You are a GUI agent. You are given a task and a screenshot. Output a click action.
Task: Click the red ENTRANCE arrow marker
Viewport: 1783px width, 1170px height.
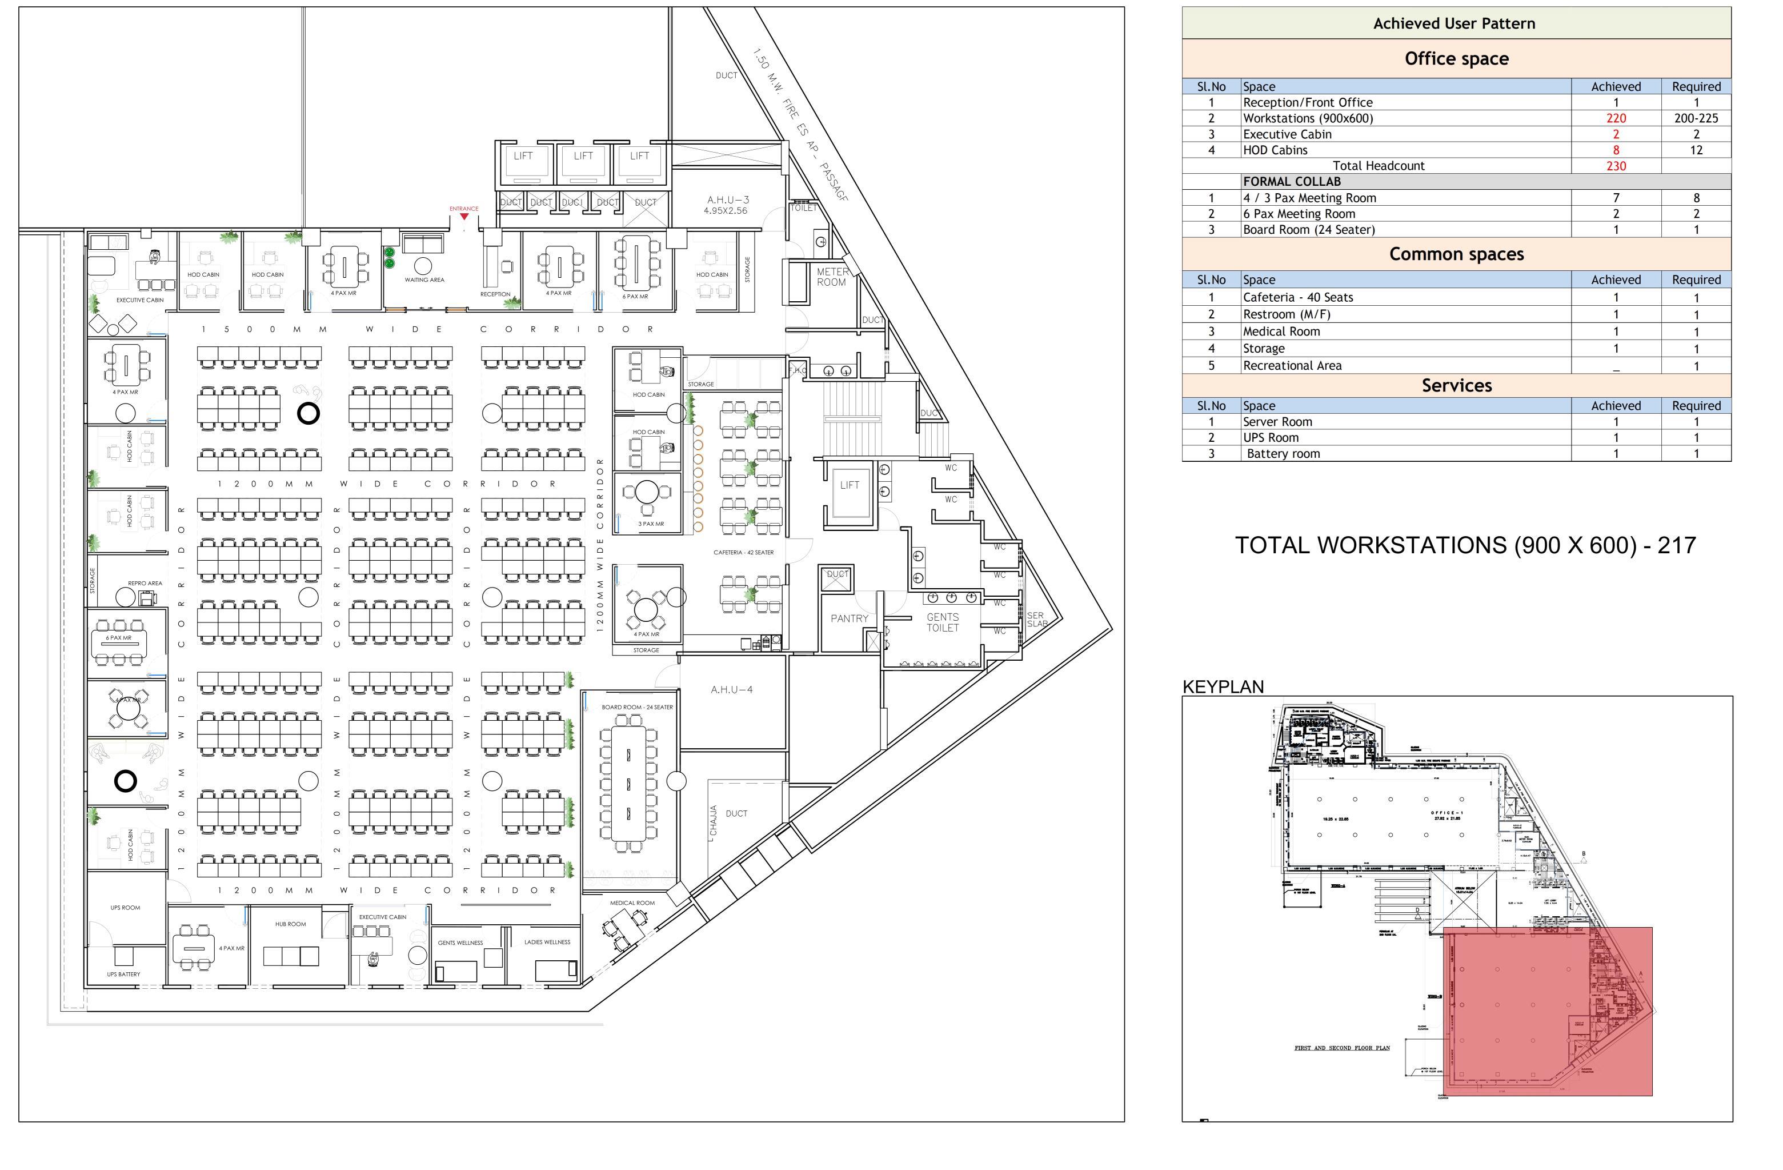point(464,217)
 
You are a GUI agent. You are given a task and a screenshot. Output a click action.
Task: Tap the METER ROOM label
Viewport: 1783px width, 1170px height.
point(832,277)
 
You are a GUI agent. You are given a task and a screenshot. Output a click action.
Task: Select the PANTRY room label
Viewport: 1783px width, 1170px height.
point(849,618)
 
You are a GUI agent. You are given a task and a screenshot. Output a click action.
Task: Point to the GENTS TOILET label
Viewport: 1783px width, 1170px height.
point(943,622)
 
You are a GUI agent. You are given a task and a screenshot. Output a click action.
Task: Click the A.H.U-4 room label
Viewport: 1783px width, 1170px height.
point(731,689)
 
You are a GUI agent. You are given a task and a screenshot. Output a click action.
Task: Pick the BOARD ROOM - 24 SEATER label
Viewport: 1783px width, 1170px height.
point(637,707)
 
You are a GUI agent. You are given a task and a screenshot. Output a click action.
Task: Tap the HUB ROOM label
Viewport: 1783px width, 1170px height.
point(290,924)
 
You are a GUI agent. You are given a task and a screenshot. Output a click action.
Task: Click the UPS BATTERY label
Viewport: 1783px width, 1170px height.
point(123,975)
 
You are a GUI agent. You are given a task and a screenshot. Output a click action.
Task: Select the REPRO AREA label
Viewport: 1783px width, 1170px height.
point(145,583)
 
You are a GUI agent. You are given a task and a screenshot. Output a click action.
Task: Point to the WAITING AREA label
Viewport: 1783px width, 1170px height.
point(424,279)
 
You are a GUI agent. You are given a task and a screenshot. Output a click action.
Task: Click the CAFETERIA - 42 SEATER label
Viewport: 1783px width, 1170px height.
point(743,552)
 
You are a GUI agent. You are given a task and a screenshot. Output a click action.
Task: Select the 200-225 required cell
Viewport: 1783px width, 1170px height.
point(1696,118)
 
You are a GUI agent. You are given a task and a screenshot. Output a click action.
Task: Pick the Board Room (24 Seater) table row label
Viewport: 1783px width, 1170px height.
point(1308,229)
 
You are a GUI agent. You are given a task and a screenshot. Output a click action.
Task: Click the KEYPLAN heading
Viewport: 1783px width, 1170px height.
point(1223,686)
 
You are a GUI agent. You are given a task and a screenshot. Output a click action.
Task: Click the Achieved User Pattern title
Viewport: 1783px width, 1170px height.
point(1453,23)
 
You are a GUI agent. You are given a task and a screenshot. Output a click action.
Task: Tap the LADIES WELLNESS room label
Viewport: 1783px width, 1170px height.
point(547,942)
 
